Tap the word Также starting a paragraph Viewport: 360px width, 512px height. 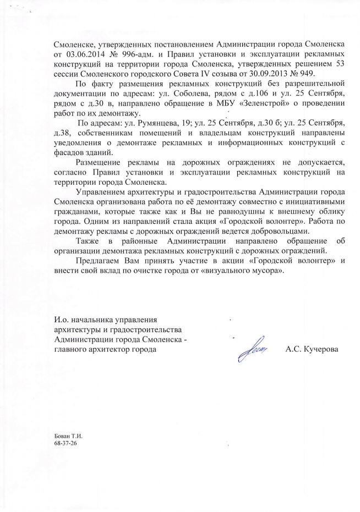(x=90, y=242)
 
